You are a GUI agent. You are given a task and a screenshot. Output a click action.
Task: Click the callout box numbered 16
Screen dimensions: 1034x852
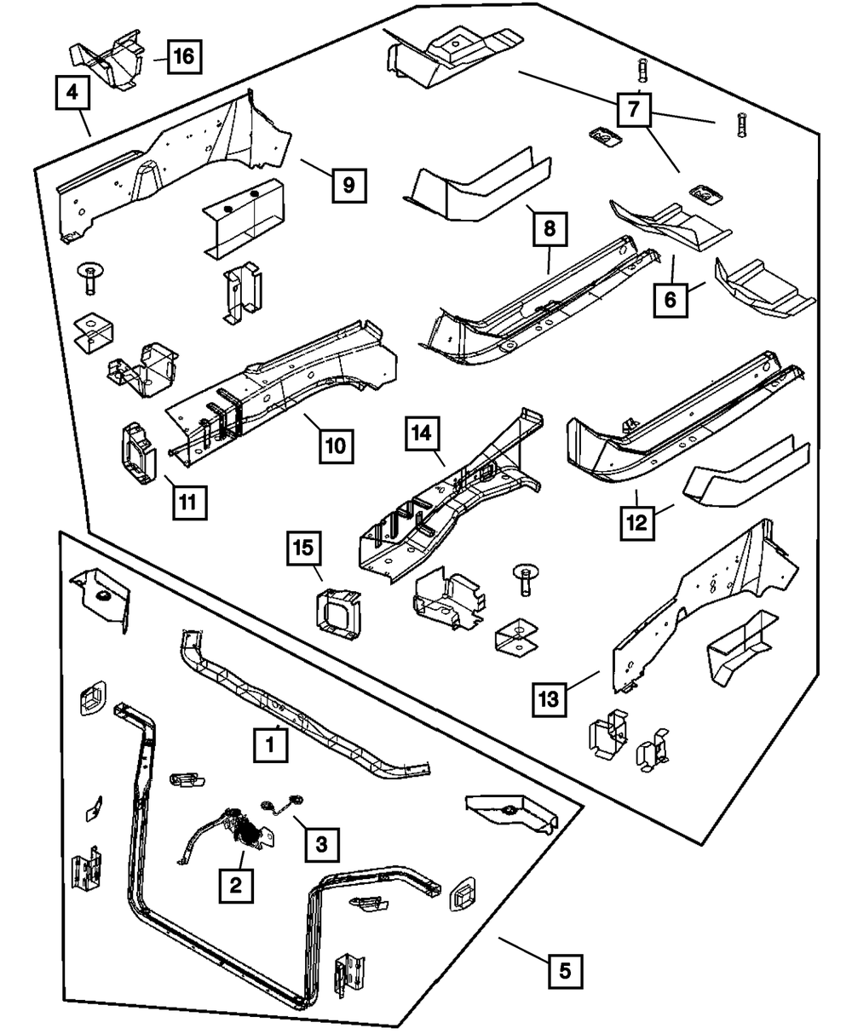(182, 57)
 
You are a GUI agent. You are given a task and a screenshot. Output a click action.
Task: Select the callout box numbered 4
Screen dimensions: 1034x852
(73, 94)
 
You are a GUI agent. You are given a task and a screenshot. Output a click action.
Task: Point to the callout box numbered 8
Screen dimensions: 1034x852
(549, 227)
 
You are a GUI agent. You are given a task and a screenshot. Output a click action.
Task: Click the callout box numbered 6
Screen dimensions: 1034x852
(671, 299)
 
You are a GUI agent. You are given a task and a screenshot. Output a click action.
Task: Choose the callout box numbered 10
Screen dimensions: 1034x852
(337, 445)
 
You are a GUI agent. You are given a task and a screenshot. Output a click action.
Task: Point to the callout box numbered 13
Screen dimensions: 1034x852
(549, 701)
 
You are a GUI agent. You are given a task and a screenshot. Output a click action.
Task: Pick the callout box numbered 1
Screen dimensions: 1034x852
(269, 747)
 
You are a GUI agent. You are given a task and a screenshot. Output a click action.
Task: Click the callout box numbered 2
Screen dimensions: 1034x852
(235, 885)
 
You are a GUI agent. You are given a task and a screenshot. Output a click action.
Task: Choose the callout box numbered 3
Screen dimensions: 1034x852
(320, 844)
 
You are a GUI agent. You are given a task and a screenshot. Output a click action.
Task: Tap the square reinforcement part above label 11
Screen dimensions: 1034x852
(136, 448)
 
